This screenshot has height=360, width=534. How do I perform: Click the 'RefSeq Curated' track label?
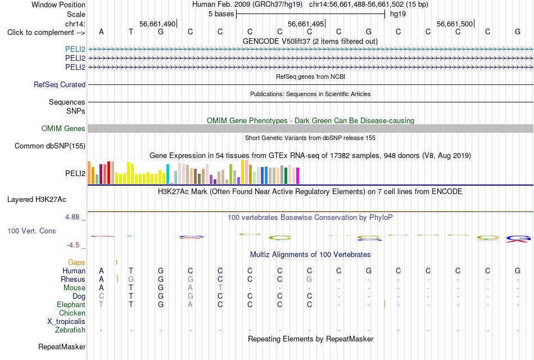(60, 84)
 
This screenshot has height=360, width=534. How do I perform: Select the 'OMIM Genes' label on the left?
(64, 128)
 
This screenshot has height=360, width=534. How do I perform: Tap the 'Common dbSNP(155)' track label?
(50, 146)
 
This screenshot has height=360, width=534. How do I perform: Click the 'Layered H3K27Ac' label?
(37, 200)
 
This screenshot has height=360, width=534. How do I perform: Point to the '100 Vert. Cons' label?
(31, 231)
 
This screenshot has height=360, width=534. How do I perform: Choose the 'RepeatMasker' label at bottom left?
(62, 346)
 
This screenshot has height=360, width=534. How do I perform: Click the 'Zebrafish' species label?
(70, 330)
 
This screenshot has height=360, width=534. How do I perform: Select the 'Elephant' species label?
(71, 304)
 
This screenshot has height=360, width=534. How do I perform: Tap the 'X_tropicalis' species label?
(66, 322)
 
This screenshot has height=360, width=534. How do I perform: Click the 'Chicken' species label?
(72, 313)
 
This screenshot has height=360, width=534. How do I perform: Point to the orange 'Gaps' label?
(76, 262)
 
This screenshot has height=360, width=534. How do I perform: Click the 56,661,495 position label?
(306, 24)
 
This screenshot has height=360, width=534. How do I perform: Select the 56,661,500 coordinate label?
(455, 24)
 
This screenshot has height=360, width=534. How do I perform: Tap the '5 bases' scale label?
(221, 14)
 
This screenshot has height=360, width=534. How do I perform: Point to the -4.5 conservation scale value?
(73, 245)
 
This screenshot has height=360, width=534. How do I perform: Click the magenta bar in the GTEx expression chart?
(298, 176)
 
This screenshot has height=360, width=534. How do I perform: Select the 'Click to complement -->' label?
(46, 33)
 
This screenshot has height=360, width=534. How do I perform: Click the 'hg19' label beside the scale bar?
(398, 14)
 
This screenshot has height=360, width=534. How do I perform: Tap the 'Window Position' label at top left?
(58, 4)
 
